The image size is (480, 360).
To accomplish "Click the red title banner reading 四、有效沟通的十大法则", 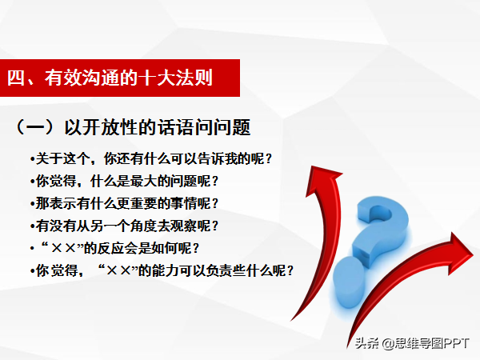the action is [x=120, y=78].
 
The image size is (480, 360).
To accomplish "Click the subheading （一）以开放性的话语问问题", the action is [x=132, y=127].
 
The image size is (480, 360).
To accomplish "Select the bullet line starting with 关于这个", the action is [x=151, y=159].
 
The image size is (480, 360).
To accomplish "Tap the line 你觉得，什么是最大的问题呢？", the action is [x=124, y=182].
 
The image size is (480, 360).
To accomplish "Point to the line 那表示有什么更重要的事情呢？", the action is [x=124, y=203].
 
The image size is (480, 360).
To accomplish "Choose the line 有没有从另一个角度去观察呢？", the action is [x=124, y=226].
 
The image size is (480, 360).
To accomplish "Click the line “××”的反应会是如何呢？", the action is [x=115, y=248].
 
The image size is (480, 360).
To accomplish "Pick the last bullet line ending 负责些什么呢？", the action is [x=162, y=270].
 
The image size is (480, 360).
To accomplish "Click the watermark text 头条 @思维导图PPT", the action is [x=412, y=343].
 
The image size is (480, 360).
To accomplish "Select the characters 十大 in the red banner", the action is [x=157, y=78].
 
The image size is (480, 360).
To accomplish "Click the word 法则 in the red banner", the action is [x=194, y=78].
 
